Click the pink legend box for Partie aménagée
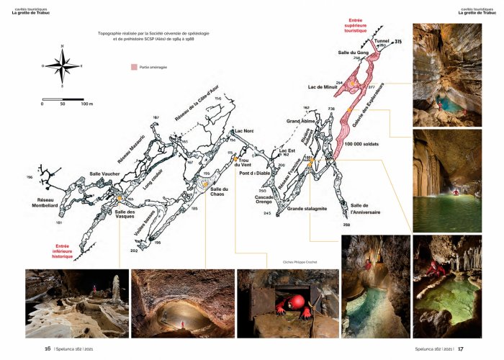pos(134,66)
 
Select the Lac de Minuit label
pos(323,86)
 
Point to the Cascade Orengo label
pos(266,200)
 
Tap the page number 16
pos(48,348)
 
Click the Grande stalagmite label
pos(305,210)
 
